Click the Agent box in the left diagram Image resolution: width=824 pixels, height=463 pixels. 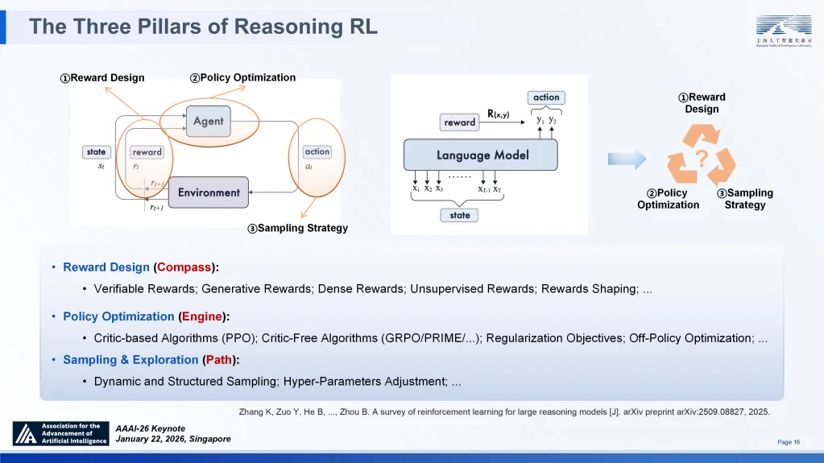(209, 122)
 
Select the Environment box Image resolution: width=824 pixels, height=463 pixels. (209, 192)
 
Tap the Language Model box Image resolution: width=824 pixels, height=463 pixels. (482, 155)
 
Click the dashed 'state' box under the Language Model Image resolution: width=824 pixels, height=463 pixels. (459, 215)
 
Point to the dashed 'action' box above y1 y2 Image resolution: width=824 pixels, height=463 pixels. (546, 97)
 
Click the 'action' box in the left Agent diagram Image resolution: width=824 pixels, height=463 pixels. (317, 151)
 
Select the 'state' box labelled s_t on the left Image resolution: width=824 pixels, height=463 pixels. (96, 151)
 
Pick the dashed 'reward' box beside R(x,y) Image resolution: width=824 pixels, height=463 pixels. (460, 122)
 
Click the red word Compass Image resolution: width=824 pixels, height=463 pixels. (184, 267)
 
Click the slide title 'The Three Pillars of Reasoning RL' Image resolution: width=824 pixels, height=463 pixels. (203, 27)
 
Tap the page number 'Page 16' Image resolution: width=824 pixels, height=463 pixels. (788, 442)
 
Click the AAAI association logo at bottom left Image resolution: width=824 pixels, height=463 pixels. (60, 433)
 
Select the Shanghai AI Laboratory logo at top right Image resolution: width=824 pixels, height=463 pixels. (783, 31)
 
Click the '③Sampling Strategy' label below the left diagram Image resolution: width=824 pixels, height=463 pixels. (297, 228)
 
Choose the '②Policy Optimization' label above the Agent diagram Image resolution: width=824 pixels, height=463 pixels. (242, 78)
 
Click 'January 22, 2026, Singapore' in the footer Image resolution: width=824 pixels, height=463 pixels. (173, 439)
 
